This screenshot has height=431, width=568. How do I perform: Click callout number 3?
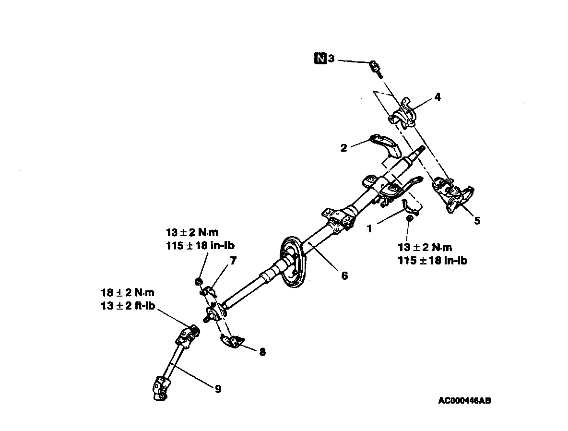click(331, 59)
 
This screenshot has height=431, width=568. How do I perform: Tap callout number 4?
click(437, 96)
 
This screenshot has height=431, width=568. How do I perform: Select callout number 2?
click(343, 148)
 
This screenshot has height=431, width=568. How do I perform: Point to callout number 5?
click(476, 221)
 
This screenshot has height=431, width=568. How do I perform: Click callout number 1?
click(369, 229)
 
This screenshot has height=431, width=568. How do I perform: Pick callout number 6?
click(344, 276)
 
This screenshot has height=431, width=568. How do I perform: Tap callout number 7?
click(233, 262)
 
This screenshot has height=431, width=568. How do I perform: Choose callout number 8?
click(262, 352)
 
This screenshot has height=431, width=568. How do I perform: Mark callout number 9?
click(218, 389)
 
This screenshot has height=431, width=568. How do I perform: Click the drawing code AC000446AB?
click(464, 400)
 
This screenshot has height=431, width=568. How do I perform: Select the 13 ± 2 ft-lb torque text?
click(128, 306)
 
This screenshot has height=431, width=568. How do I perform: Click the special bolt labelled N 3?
click(376, 68)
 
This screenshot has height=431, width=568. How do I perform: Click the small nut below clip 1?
click(409, 219)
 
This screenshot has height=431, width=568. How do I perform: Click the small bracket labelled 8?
click(230, 341)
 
